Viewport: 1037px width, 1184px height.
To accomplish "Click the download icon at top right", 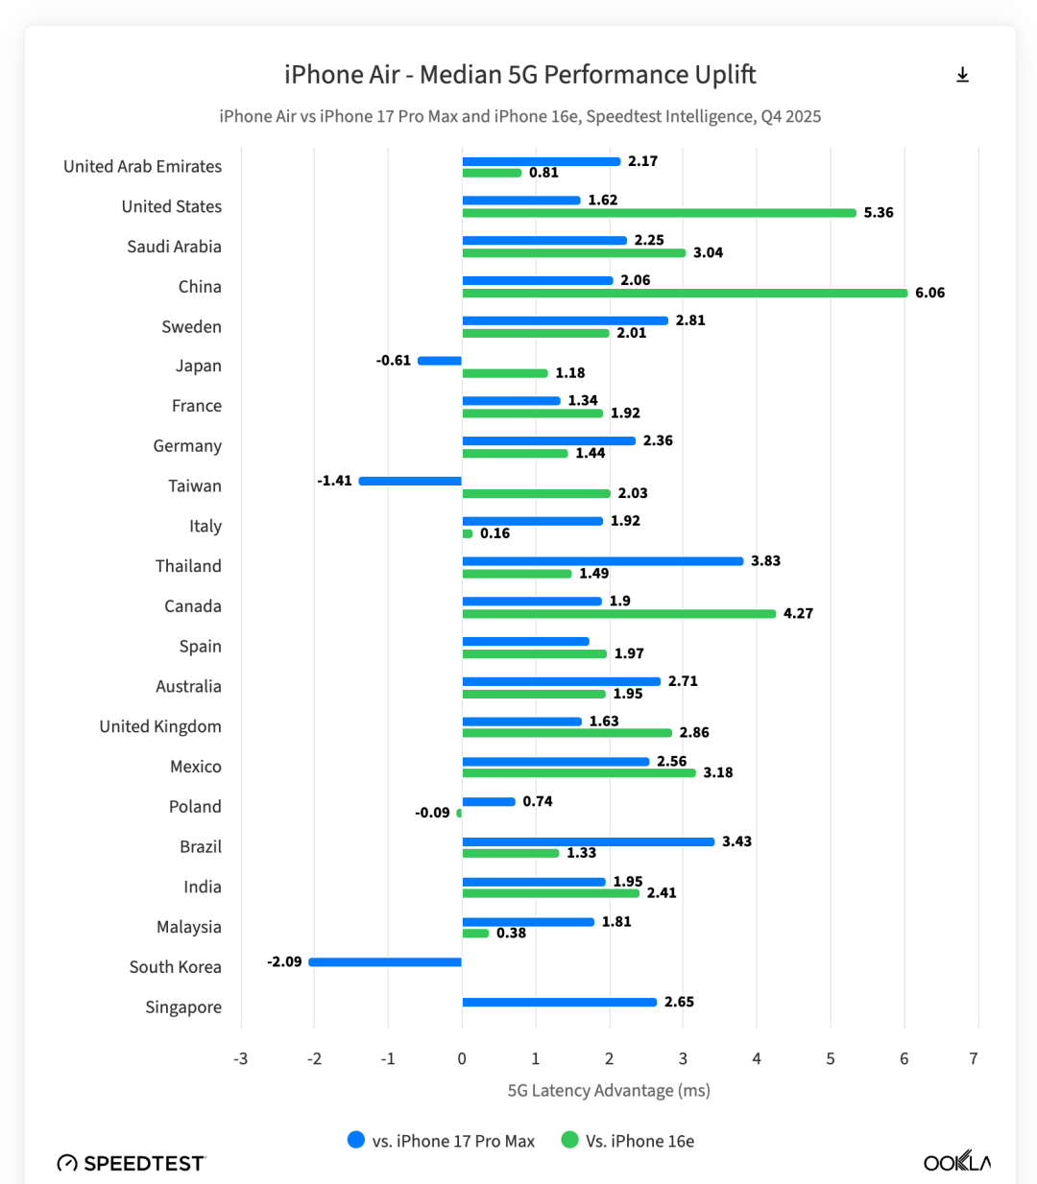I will click(962, 75).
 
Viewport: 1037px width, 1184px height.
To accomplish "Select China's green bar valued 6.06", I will click(685, 293).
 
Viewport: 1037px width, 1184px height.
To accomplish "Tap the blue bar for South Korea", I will click(385, 961).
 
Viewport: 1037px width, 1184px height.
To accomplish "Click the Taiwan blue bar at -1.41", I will click(410, 481).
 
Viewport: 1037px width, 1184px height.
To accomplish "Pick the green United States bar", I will click(659, 213).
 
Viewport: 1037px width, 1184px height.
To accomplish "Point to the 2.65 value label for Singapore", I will click(679, 1002).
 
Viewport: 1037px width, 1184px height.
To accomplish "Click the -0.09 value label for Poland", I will click(432, 813).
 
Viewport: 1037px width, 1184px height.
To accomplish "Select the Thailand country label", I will click(188, 566).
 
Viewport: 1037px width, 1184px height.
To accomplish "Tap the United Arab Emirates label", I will click(142, 166).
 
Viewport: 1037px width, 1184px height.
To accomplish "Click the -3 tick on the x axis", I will click(240, 1058).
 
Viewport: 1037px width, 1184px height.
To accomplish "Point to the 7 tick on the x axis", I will click(974, 1058).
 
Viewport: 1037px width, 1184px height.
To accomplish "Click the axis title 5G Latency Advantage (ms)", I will click(609, 1090).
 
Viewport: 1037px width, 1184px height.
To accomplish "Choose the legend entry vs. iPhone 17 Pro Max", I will click(453, 1141).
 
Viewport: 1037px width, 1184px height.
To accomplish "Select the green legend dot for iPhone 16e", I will click(570, 1140).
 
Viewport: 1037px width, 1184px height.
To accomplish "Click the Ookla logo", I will click(956, 1162).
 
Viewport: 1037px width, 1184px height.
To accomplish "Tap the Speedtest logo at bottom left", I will click(132, 1163).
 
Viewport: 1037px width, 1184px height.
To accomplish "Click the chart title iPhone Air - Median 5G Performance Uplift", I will click(519, 75).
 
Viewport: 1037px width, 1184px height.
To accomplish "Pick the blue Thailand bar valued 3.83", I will click(603, 561).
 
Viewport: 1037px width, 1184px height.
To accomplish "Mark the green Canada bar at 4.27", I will click(619, 613).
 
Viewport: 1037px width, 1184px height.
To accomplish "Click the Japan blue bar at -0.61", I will click(440, 361).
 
